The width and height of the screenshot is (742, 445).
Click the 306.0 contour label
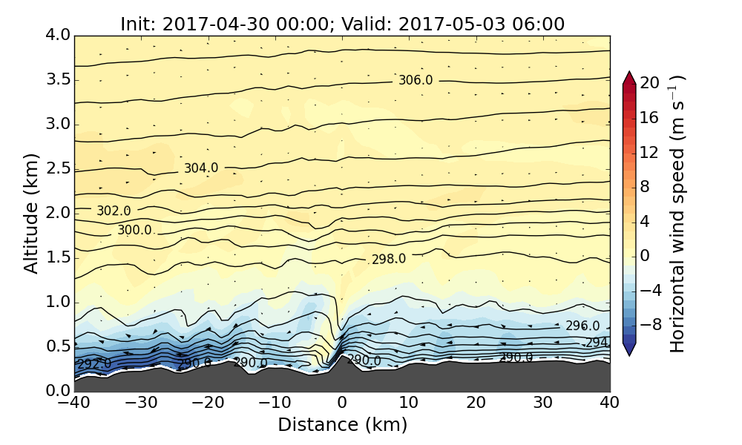pyautogui.click(x=416, y=80)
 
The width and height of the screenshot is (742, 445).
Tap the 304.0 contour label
pyautogui.click(x=201, y=168)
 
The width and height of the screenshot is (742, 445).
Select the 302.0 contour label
pyautogui.click(x=114, y=211)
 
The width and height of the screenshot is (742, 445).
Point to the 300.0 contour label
pyautogui.click(x=134, y=231)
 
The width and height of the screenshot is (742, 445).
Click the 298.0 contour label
pyautogui.click(x=389, y=259)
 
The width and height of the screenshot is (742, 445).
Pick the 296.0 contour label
pyautogui.click(x=582, y=326)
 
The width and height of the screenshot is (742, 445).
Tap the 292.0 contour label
pyautogui.click(x=94, y=364)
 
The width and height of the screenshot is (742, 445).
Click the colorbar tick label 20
pyautogui.click(x=650, y=83)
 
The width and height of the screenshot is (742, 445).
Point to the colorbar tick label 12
pyautogui.click(x=650, y=152)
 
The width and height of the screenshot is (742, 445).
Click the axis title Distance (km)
pyautogui.click(x=342, y=425)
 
